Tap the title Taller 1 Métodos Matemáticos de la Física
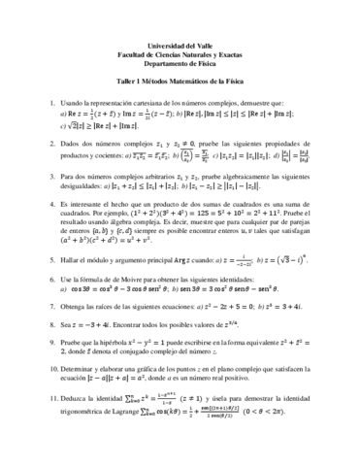coord(180,85)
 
